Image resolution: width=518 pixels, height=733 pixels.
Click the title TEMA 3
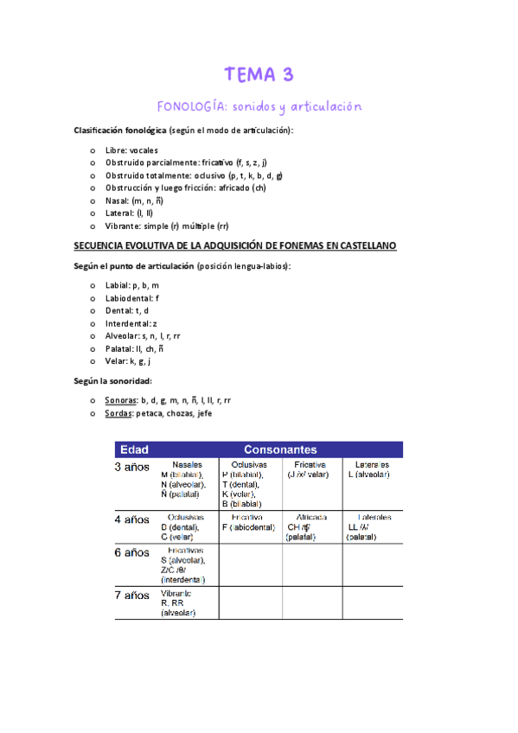(259, 74)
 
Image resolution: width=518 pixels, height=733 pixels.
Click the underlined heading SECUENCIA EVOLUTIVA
(234, 246)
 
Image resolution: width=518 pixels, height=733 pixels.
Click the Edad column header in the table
(134, 449)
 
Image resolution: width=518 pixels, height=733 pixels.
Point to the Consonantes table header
(280, 449)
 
